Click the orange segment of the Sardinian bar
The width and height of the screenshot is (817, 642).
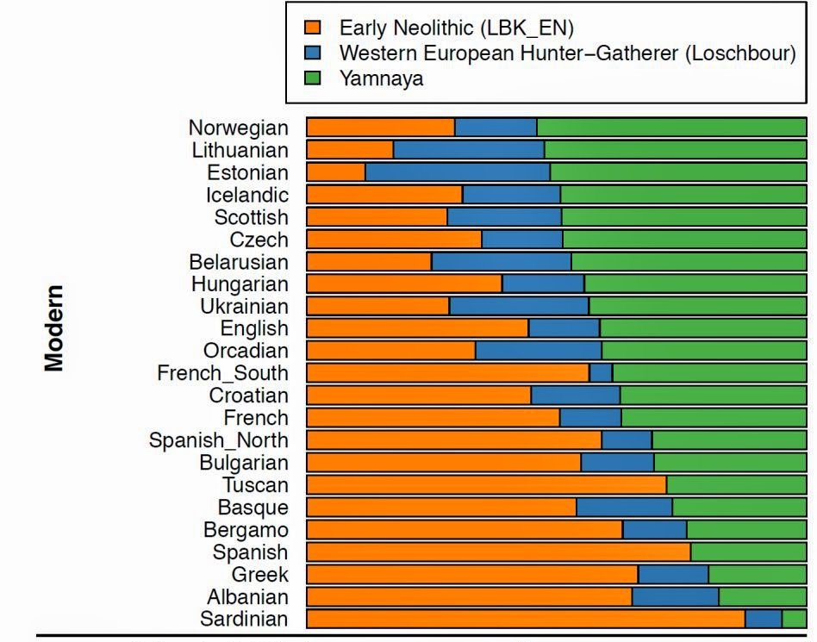526,618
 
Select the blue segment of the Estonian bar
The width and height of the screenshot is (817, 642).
458,171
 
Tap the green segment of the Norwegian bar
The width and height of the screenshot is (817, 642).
671,128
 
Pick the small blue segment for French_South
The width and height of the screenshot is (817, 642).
601,373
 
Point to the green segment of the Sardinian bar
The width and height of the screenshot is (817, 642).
794,618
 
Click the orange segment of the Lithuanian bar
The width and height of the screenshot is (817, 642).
350,150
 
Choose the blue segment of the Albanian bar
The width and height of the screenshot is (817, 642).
675,596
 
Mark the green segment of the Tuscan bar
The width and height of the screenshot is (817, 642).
736,484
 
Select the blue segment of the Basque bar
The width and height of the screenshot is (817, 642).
624,507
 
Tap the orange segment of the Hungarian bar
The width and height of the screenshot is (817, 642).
404,284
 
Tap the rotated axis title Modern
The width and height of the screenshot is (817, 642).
55,328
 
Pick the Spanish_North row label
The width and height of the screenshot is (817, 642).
219,440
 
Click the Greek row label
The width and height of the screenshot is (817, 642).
259,575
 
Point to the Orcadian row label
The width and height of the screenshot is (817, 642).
246,351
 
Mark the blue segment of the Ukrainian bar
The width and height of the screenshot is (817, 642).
519,306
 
